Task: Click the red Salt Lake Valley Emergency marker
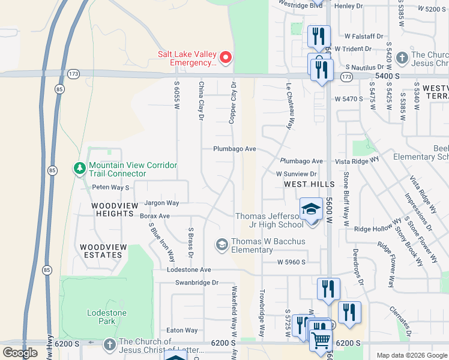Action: pyautogui.click(x=226, y=58)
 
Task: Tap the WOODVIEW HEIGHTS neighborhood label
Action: pyautogui.click(x=112, y=209)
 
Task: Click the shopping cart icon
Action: pyautogui.click(x=321, y=340)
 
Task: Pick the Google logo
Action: pyautogui.click(x=20, y=353)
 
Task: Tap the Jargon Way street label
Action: pyautogui.click(x=162, y=203)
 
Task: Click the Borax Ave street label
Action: pyautogui.click(x=155, y=216)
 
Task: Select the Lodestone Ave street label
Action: pyautogui.click(x=190, y=271)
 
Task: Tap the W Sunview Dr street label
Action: pyautogui.click(x=296, y=173)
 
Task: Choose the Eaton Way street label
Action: pyautogui.click(x=182, y=331)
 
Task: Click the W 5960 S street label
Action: pyautogui.click(x=291, y=262)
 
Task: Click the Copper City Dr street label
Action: pyautogui.click(x=232, y=104)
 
